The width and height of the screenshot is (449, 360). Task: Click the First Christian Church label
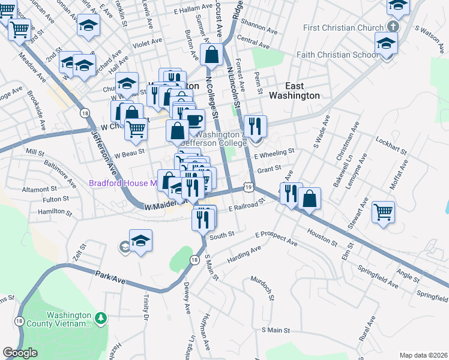(x=343, y=28)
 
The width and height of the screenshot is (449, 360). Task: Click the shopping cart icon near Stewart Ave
(x=384, y=212)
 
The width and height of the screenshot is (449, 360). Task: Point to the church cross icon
(x=393, y=27)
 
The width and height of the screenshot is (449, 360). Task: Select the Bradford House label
(x=122, y=183)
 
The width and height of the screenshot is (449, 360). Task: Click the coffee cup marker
(x=193, y=119)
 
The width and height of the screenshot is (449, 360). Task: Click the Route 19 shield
(x=249, y=188)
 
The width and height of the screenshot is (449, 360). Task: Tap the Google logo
(x=19, y=352)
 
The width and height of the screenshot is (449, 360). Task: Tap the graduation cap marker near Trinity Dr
(x=140, y=241)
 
